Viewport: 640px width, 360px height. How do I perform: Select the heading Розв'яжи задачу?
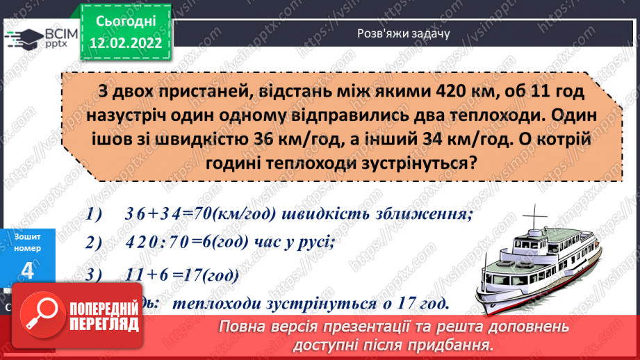(395, 32)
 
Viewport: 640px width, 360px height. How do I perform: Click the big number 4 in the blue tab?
(28, 271)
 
